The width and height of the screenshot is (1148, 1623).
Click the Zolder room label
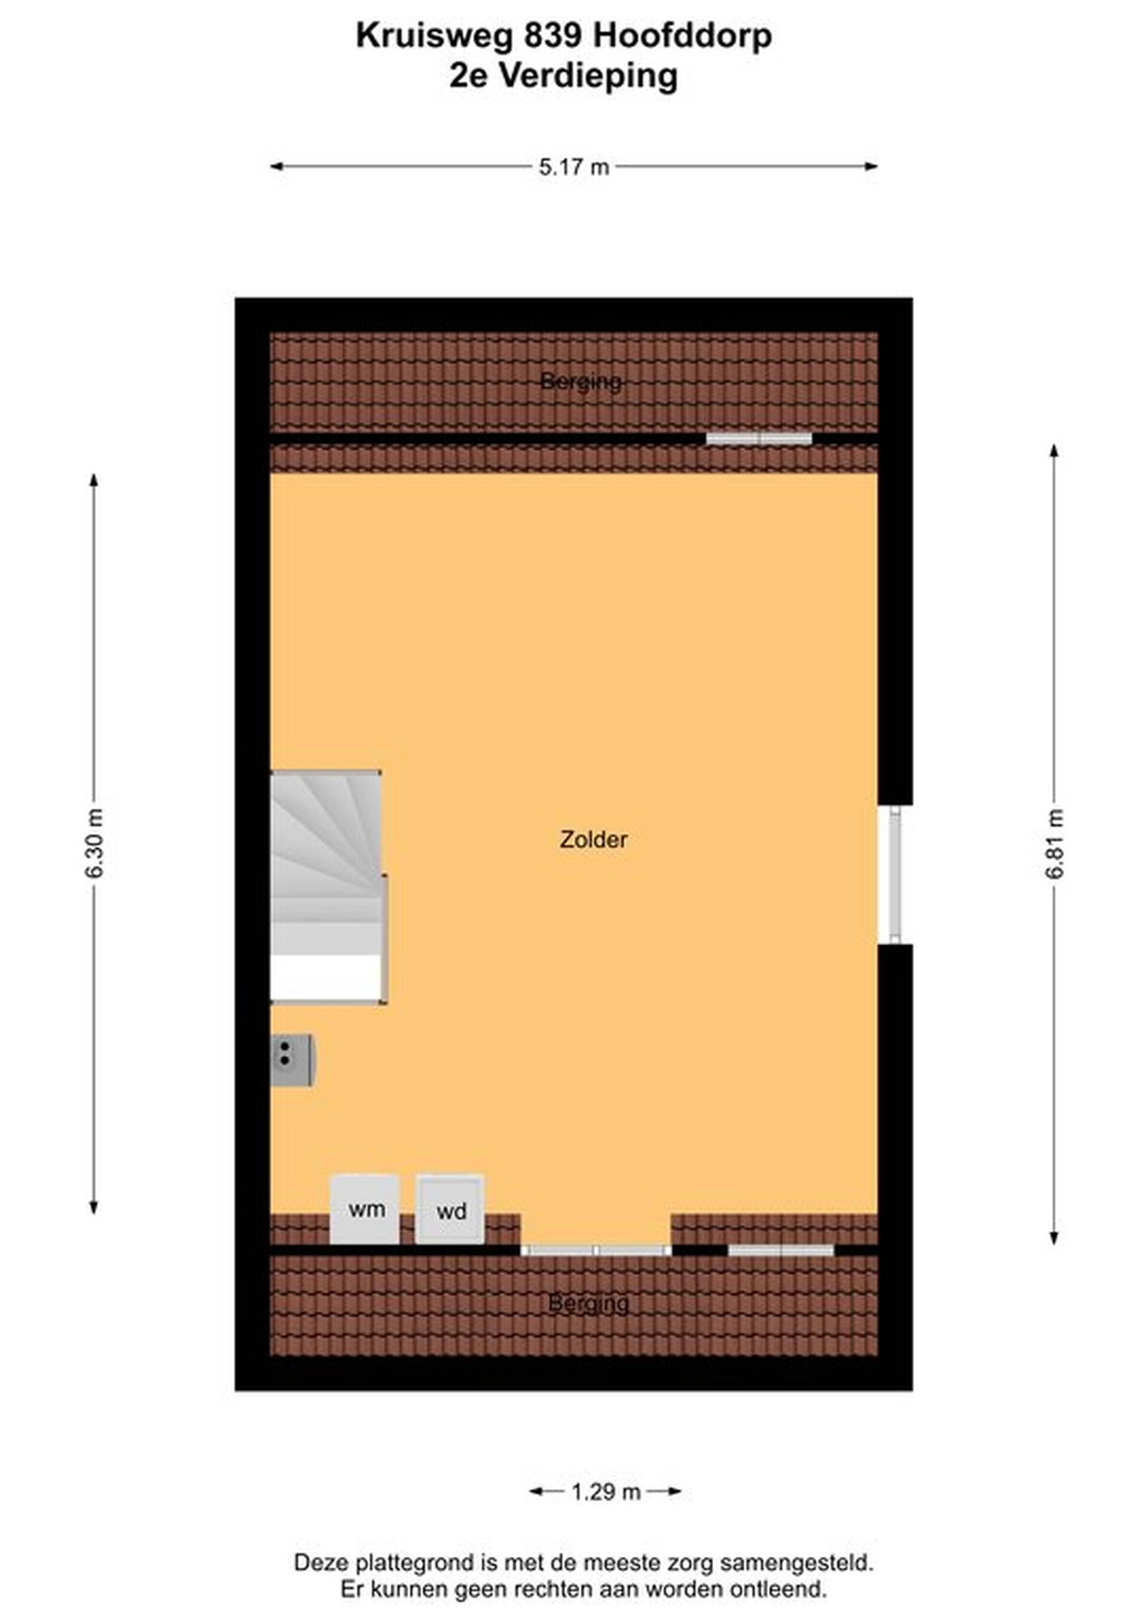tap(593, 839)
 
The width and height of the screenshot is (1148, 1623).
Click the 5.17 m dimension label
tap(574, 167)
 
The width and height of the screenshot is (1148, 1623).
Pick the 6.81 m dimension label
tap(1054, 843)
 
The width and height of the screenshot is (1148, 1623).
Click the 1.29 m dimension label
tap(606, 1491)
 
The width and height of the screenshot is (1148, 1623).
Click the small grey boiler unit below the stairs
tap(292, 1060)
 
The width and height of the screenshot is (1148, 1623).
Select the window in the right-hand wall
tap(895, 875)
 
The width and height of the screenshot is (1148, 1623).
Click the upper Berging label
tap(581, 382)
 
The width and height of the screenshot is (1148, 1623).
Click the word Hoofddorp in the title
tap(682, 36)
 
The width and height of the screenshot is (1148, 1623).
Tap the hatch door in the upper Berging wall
tap(759, 439)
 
